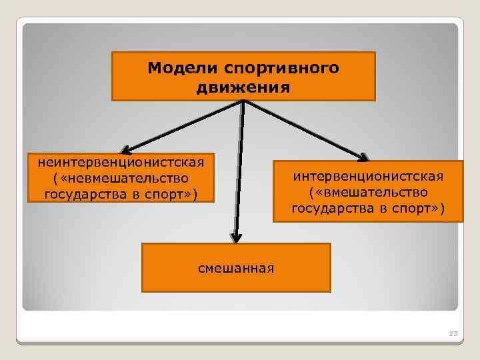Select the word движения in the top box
(243, 87)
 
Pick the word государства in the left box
(85, 195)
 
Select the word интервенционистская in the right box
(368, 177)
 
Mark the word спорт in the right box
(408, 209)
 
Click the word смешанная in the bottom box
(236, 268)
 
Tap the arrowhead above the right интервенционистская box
(362, 157)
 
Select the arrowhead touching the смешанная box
(235, 237)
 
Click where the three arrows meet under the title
(244, 102)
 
